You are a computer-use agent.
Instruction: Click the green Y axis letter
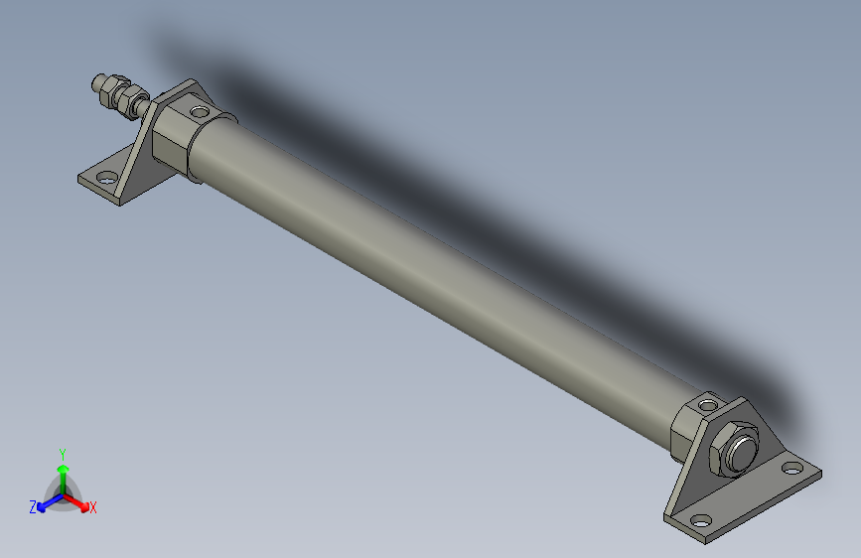[63, 452]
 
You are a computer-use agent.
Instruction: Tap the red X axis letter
[93, 508]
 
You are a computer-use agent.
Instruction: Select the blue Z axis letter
[33, 507]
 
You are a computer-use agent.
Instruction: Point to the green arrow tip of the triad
[63, 468]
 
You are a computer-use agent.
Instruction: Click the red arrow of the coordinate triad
[78, 499]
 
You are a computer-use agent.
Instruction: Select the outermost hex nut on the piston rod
[105, 87]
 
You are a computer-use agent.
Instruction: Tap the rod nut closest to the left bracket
[129, 100]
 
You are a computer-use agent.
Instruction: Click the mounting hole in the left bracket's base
[103, 179]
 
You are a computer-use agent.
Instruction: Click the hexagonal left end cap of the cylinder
[173, 134]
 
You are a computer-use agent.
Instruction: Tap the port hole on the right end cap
[707, 404]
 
